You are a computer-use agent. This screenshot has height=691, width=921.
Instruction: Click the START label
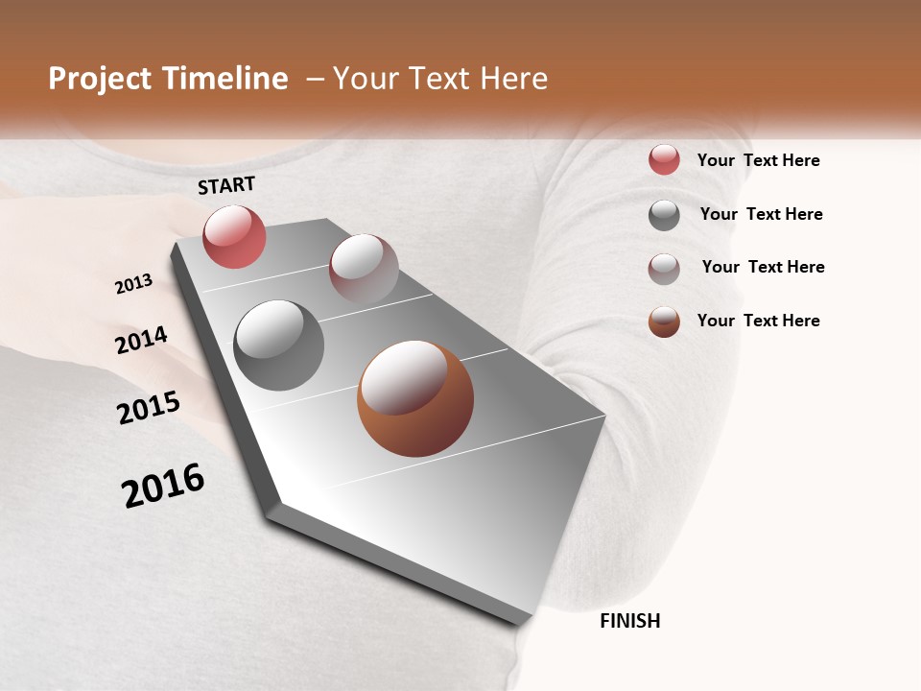click(226, 185)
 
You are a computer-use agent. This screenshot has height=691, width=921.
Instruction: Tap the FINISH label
click(629, 621)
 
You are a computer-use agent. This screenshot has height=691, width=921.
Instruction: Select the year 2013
click(133, 284)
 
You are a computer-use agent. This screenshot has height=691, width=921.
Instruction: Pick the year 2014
click(141, 341)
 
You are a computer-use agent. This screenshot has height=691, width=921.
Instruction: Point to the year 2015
click(149, 407)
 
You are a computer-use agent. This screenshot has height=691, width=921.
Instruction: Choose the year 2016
click(163, 486)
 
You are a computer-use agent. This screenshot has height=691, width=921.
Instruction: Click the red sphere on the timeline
click(234, 236)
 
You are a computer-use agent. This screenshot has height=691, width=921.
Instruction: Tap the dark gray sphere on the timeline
click(278, 345)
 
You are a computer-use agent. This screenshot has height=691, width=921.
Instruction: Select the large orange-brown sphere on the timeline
click(415, 398)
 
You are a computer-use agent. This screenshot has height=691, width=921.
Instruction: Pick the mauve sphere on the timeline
click(364, 269)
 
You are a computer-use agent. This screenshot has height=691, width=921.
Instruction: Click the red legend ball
click(664, 160)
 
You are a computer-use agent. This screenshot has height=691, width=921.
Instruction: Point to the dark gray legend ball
click(664, 215)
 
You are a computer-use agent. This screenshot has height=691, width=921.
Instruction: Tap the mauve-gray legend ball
click(664, 268)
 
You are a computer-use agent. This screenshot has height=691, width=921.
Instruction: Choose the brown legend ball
click(664, 322)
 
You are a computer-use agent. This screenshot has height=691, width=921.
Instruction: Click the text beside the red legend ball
click(758, 161)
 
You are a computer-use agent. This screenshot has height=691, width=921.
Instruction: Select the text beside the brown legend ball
click(758, 321)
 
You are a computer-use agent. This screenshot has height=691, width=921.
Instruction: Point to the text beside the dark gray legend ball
click(761, 214)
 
